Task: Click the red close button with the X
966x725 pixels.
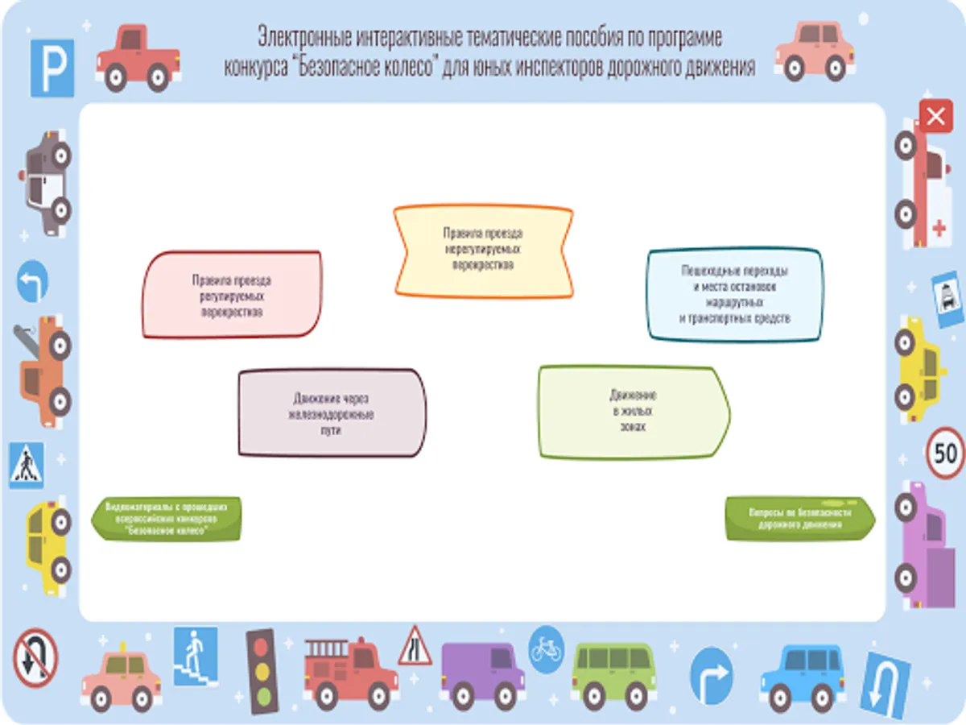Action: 935,117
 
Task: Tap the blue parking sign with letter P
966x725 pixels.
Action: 52,68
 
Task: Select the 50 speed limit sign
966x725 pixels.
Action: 945,452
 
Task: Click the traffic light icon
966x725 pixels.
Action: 260,671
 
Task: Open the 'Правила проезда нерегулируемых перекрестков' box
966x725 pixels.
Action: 483,251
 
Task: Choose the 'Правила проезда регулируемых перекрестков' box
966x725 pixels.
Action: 232,294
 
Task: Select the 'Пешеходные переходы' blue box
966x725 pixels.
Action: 735,294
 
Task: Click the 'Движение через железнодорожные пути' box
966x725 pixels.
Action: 332,413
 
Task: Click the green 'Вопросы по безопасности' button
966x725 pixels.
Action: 800,518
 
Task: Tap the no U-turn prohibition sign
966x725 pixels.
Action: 35,657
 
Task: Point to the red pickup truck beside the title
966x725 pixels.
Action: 137,56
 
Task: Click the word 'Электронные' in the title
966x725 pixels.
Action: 300,37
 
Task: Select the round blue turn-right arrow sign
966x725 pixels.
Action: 712,675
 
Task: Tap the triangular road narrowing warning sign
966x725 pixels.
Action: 415,647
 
